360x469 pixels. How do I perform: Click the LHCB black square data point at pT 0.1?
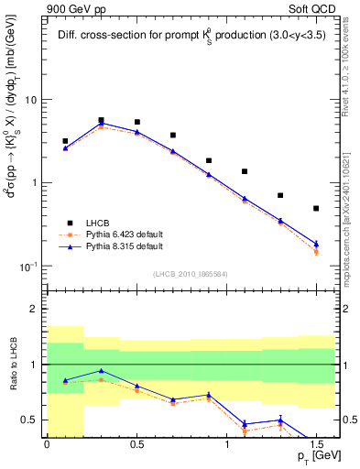pyautogui.click(x=65, y=141)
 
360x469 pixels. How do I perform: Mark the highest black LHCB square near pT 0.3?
pyautogui.click(x=101, y=120)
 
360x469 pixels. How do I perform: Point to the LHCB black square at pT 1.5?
pyautogui.click(x=316, y=208)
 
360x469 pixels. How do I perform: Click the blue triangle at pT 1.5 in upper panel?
pyautogui.click(x=316, y=244)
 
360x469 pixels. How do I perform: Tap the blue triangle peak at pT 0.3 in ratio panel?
pyautogui.click(x=101, y=371)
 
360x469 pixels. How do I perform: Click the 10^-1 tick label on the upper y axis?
pyautogui.click(x=30, y=266)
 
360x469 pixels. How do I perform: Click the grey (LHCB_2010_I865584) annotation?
pyautogui.click(x=190, y=273)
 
